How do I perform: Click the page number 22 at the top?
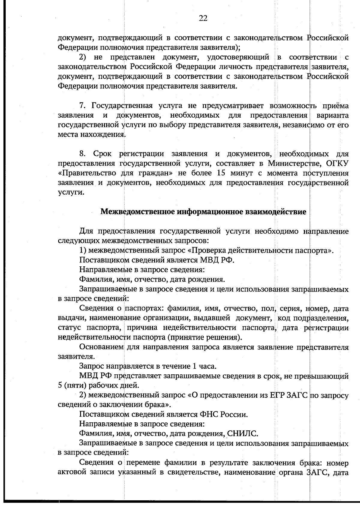point(203,19)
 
